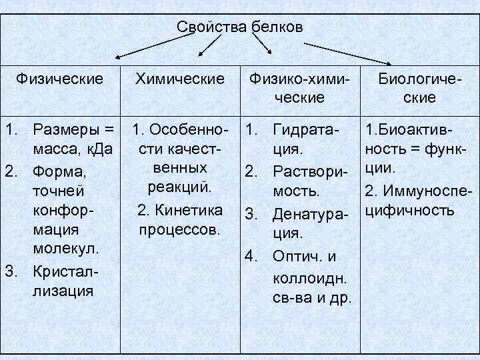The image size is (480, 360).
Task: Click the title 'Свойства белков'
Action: coord(240,27)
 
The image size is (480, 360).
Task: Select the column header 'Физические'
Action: coord(60,79)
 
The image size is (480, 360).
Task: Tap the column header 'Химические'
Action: coord(180,79)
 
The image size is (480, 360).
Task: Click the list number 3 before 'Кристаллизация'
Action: coord(10,271)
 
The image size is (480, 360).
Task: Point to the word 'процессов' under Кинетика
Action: coord(180,231)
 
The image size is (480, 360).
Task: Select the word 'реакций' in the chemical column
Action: coord(180,187)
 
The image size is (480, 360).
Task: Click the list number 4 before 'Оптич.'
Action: coord(251,255)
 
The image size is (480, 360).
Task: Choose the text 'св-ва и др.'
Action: coord(311,296)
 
